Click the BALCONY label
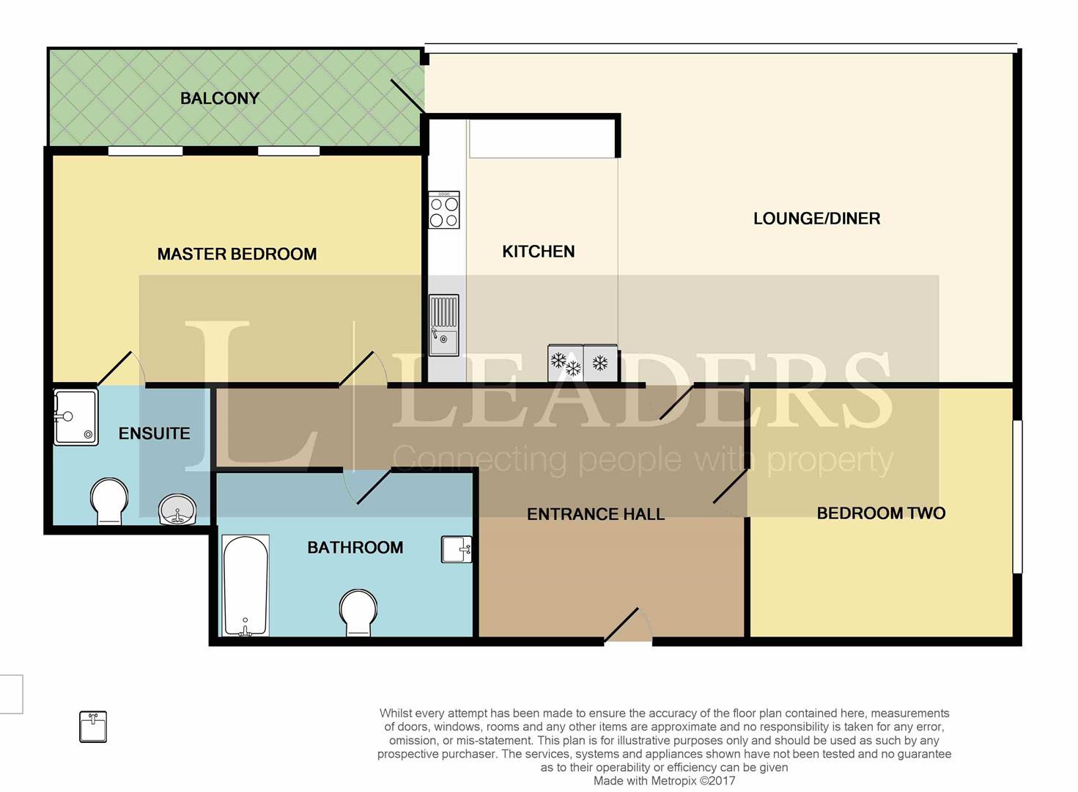220,98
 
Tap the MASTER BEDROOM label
237,254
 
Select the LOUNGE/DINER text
816,219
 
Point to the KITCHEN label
539,252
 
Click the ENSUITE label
155,433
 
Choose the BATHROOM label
355,547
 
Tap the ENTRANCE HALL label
596,514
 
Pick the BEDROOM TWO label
881,513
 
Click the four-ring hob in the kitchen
444,210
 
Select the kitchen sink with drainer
443,325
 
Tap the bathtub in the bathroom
245,585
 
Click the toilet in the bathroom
358,613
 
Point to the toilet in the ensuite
109,501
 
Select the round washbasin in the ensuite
177,509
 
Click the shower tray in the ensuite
75,417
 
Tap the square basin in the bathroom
457,549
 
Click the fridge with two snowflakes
566,363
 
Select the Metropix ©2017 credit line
664,781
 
